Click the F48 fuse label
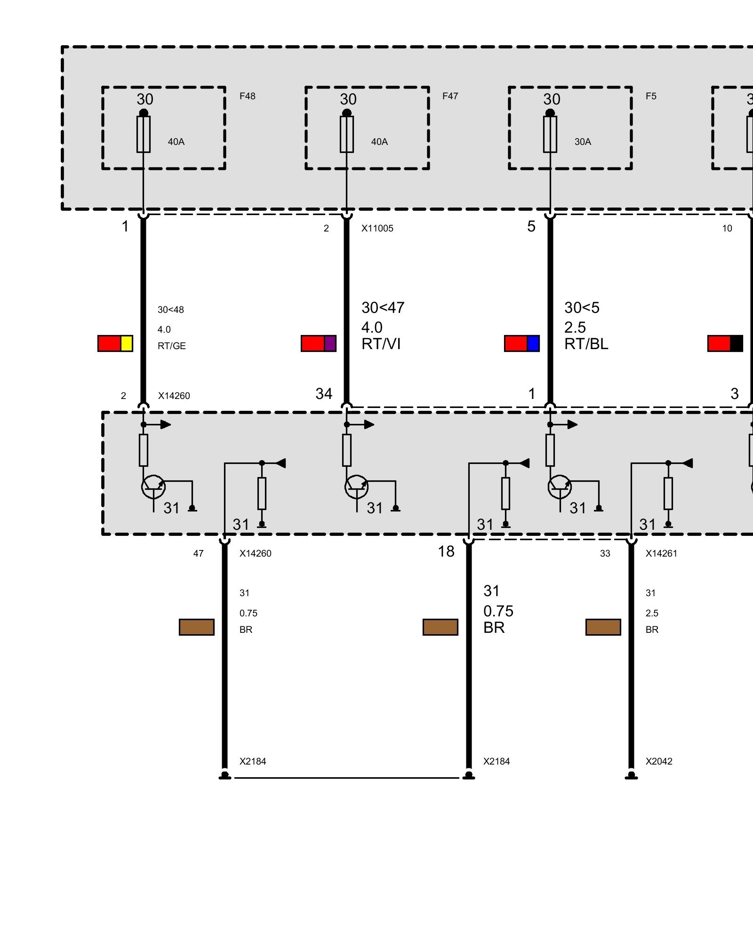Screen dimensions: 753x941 pyautogui.click(x=247, y=96)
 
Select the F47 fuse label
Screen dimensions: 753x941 pyautogui.click(x=450, y=96)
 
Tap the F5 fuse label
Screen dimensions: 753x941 pyautogui.click(x=651, y=96)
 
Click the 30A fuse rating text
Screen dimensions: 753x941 pyautogui.click(x=583, y=142)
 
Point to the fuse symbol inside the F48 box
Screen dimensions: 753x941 pyautogui.click(x=144, y=134)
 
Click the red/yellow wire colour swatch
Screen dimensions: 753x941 pyautogui.click(x=115, y=343)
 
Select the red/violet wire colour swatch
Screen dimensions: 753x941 pyautogui.click(x=319, y=343)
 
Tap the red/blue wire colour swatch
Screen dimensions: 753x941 pyautogui.click(x=522, y=343)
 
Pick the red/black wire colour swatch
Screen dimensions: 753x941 pyautogui.click(x=725, y=343)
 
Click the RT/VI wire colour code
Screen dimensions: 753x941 pyautogui.click(x=381, y=344)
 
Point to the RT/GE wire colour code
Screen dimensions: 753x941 pyautogui.click(x=172, y=346)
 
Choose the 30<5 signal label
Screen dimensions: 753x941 pyautogui.click(x=582, y=308)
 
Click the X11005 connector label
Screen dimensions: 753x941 pyautogui.click(x=377, y=228)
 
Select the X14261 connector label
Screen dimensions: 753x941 pyautogui.click(x=661, y=553)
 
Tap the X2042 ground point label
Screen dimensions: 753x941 pyautogui.click(x=659, y=761)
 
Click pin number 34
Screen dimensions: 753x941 pyautogui.click(x=324, y=393)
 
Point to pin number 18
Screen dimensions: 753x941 pyautogui.click(x=446, y=551)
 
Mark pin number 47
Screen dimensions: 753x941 pyautogui.click(x=198, y=553)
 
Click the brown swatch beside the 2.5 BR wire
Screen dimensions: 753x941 pyautogui.click(x=603, y=627)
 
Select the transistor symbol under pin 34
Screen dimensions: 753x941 pyautogui.click(x=357, y=487)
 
